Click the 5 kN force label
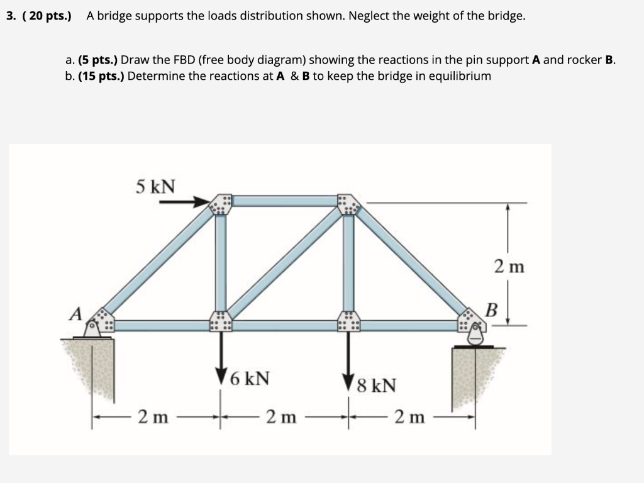pos(156,186)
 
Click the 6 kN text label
pos(250,379)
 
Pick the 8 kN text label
pos(376,385)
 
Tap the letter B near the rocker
pos(491,309)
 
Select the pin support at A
pos(94,328)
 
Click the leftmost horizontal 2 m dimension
pos(153,416)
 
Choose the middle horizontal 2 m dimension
pos(280,416)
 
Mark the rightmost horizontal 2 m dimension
pos(409,416)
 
